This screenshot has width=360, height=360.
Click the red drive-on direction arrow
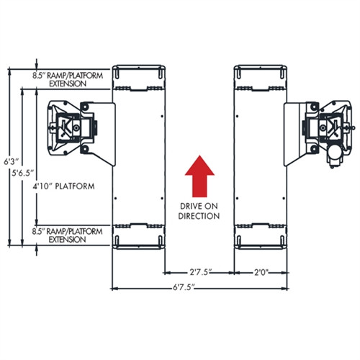click(x=200, y=176)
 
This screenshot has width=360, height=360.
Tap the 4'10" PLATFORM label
click(x=65, y=186)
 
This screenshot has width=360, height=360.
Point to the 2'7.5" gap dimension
click(x=199, y=273)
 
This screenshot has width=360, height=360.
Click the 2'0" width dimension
click(x=261, y=273)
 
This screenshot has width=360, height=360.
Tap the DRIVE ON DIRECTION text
click(x=200, y=212)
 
